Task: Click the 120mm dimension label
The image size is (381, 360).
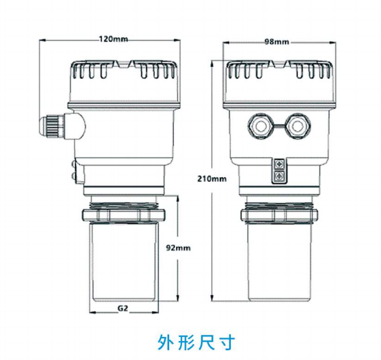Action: point(113,40)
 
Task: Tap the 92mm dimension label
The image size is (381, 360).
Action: point(178,248)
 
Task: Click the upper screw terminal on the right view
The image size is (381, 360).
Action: point(279,164)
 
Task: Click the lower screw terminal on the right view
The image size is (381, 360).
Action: point(279,175)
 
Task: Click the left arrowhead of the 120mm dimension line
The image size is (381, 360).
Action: point(40,40)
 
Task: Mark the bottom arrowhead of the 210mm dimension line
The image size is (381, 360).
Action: point(212,298)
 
